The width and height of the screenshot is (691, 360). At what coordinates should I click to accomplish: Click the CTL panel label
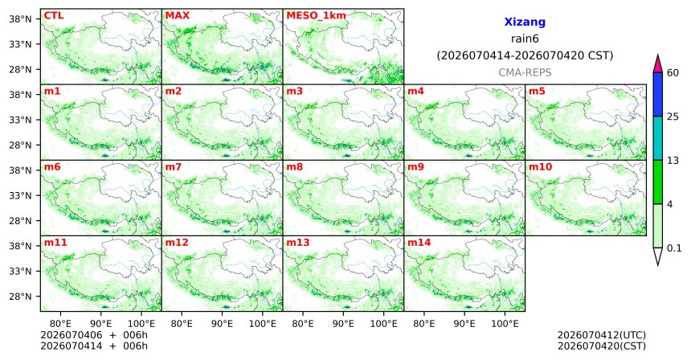click(53, 15)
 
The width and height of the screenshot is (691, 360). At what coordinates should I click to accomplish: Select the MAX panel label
click(177, 15)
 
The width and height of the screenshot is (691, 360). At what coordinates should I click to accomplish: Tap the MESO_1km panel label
click(316, 16)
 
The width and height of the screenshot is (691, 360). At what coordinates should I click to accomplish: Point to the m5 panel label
click(537, 92)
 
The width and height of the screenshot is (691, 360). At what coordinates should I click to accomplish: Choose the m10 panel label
click(540, 167)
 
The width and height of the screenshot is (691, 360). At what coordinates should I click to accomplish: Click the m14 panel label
click(419, 243)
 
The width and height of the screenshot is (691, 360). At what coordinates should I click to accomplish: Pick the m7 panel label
click(174, 167)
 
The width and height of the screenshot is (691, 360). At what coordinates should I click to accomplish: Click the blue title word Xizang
click(525, 22)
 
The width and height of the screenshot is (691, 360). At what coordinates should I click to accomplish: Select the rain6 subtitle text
click(525, 39)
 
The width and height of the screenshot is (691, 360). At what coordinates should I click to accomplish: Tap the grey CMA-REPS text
click(525, 72)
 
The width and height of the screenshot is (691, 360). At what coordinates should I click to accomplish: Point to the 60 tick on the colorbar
click(673, 72)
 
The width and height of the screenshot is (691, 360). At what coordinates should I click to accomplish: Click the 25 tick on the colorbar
click(673, 117)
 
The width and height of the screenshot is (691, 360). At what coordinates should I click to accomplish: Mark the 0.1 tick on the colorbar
click(674, 248)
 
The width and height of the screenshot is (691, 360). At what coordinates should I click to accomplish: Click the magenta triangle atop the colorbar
click(658, 65)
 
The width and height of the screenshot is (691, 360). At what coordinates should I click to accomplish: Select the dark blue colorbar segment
click(658, 94)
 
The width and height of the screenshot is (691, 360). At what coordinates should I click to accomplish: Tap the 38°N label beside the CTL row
click(20, 19)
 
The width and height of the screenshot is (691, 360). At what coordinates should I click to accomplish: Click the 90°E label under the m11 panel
click(100, 324)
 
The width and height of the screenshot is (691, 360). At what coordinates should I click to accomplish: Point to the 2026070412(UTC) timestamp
click(602, 336)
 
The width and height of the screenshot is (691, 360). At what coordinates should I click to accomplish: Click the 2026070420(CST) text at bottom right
click(602, 346)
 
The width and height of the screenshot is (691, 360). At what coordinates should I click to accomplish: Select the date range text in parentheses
click(525, 55)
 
